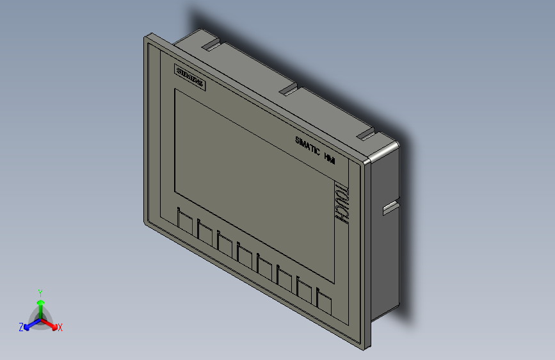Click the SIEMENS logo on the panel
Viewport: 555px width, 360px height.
pyautogui.click(x=190, y=78)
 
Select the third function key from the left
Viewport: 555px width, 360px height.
pyautogui.click(x=225, y=244)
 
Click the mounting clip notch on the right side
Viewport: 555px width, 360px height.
pyautogui.click(x=389, y=208)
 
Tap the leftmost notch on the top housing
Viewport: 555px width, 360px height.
pyautogui.click(x=210, y=45)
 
